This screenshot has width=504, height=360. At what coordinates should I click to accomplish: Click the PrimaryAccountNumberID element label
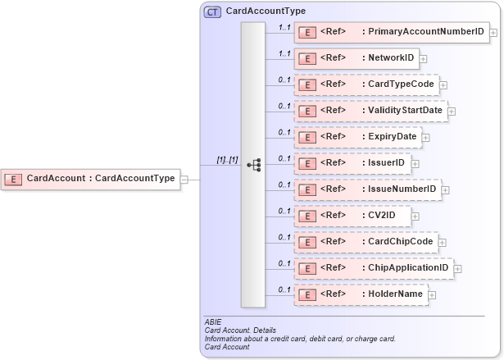tap(426, 32)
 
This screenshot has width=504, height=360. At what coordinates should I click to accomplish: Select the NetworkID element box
tap(357, 58)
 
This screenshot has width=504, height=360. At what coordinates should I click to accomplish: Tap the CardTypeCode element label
tap(400, 84)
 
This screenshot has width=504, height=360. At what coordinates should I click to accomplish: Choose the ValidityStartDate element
tap(371, 110)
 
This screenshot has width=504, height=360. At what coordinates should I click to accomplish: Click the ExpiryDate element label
tap(392, 136)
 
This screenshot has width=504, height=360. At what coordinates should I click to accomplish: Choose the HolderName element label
tap(395, 294)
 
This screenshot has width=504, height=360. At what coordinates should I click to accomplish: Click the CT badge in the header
tap(212, 11)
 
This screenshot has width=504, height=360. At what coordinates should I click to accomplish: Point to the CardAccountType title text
tap(266, 11)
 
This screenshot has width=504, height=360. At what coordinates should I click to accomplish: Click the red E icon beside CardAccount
tap(14, 178)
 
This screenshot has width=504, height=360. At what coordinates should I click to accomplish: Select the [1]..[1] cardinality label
tap(227, 160)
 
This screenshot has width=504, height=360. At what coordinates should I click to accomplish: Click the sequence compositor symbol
tap(253, 165)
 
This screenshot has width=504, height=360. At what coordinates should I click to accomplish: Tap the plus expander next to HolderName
tap(432, 294)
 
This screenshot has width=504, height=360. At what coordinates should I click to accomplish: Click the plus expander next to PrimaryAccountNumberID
tap(493, 33)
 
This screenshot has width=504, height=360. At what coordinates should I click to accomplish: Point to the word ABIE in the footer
tap(212, 322)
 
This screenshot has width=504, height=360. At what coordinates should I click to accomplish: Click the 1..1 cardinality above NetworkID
tap(284, 53)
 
